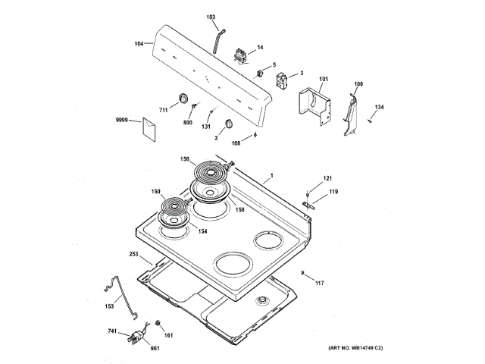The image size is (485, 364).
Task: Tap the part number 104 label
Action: click(139, 44)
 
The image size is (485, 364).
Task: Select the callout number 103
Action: click(211, 17)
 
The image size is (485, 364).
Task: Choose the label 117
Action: click(319, 283)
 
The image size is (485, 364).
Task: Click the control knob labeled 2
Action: click(229, 126)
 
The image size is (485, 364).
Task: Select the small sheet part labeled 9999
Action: click(145, 129)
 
